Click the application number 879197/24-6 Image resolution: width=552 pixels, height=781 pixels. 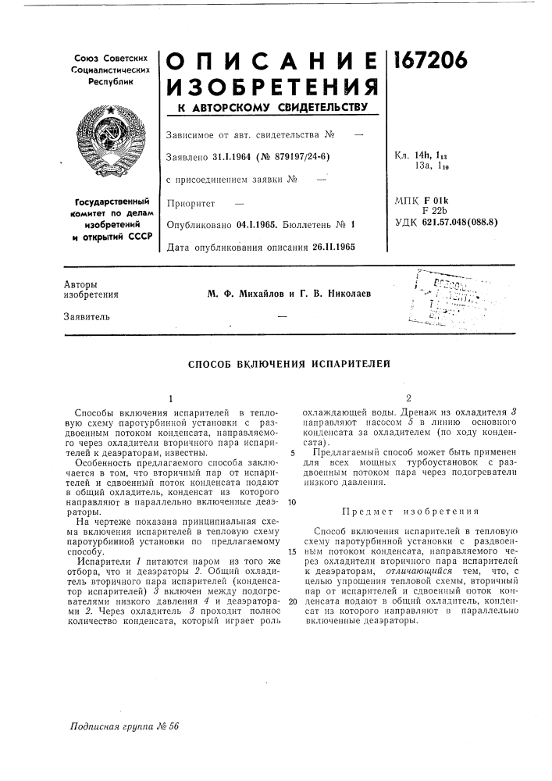pos(296,157)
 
